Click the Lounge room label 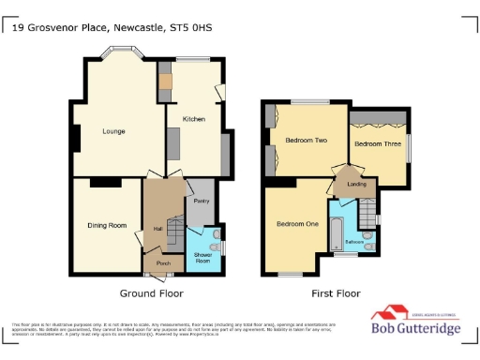point(113,131)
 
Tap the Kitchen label point(194,120)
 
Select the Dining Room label point(106,225)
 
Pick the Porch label point(150,265)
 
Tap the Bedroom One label point(297,224)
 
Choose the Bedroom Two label point(307,141)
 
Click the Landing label point(355,185)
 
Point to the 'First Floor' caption point(336,293)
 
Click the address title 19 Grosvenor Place point(112,28)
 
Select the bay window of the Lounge point(125,59)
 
